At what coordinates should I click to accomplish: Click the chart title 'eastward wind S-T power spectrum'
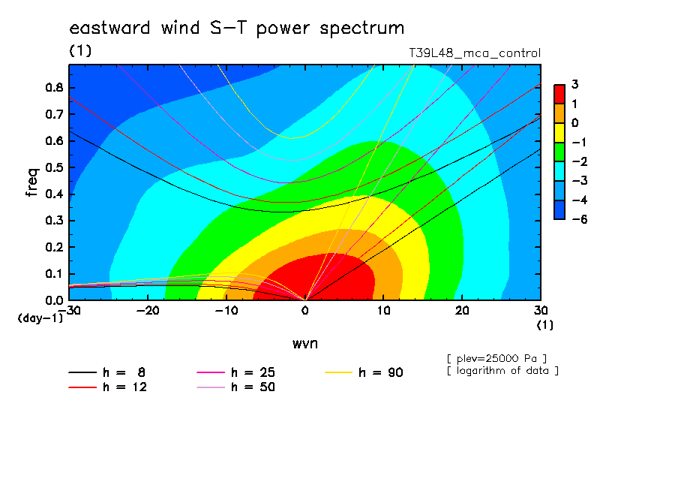pos(236,29)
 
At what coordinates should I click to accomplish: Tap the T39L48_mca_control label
pos(474,53)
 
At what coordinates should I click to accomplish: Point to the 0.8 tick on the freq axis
pos(54,87)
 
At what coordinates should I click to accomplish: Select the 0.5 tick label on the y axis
pos(54,167)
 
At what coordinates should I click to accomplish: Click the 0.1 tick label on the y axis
pos(54,274)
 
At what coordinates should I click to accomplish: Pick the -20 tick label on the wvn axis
pos(148,311)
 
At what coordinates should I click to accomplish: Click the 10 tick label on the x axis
pos(383,311)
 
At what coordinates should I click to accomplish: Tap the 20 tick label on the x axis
pos(462,311)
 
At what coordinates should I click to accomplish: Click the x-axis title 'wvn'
pos(304,344)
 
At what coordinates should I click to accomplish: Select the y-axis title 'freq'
pos(32,182)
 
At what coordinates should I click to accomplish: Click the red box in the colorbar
pos(559,95)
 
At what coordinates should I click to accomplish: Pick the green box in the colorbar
pos(559,152)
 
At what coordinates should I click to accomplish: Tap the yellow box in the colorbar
pos(559,133)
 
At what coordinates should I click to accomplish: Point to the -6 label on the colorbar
pos(580,219)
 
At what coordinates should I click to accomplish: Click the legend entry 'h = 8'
pos(106,372)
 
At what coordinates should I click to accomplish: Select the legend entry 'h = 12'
pos(108,387)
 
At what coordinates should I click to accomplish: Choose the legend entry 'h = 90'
pos(364,372)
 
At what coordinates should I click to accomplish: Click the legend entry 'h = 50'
pos(235,387)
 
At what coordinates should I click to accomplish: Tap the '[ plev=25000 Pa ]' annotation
pos(496,359)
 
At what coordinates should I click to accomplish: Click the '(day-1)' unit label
pos(40,318)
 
